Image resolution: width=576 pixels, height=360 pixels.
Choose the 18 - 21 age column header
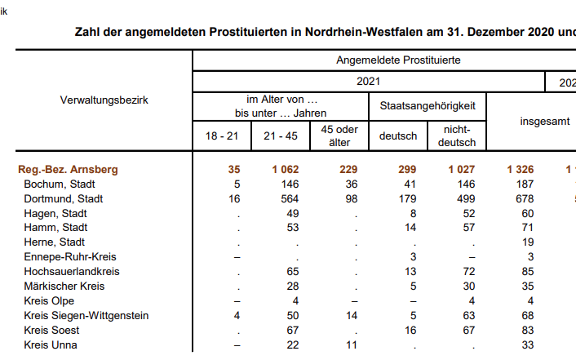pos(222,136)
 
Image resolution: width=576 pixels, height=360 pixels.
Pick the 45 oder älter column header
pos(339,136)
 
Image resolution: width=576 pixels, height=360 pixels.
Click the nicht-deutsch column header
pos(457,136)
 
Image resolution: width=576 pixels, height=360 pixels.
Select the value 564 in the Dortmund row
pos(286,198)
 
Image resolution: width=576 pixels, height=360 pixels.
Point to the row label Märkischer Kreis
pos(64,287)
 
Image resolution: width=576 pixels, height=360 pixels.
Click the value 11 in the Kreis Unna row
pos(351,344)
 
